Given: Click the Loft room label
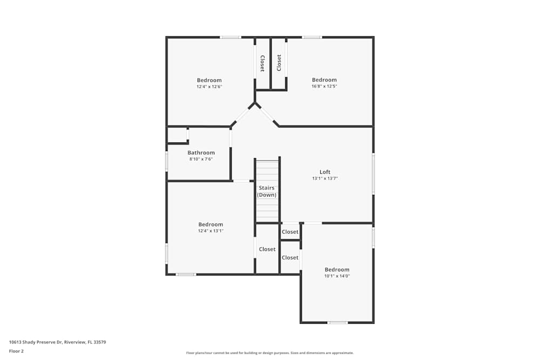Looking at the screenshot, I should (x=325, y=172).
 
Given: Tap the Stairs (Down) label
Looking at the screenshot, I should (x=267, y=192).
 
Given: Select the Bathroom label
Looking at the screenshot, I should (x=201, y=153).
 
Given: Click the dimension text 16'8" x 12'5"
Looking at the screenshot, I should (x=324, y=86).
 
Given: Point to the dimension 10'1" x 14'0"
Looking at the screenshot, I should (x=337, y=276).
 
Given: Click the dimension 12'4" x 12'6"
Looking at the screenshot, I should (x=209, y=86).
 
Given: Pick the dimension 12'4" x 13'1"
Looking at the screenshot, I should (x=210, y=231).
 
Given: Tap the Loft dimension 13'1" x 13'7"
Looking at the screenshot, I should (x=325, y=179).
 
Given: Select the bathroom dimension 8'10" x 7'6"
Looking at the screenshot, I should (x=201, y=159).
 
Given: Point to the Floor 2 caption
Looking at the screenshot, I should (x=16, y=351).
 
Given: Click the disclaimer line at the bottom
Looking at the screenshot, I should (x=270, y=353).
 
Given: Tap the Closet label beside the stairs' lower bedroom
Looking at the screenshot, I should (x=267, y=249).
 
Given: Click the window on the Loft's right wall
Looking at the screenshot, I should (x=373, y=174).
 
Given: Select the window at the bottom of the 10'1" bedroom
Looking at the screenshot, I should (x=337, y=323).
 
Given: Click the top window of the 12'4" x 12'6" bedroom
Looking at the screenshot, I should (x=230, y=37).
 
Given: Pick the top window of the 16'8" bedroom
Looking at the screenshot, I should (x=312, y=37).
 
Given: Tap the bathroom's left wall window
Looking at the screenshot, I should (x=166, y=161).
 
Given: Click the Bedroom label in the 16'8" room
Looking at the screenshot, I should (x=324, y=80).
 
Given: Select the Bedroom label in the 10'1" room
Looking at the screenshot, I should (x=337, y=270).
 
